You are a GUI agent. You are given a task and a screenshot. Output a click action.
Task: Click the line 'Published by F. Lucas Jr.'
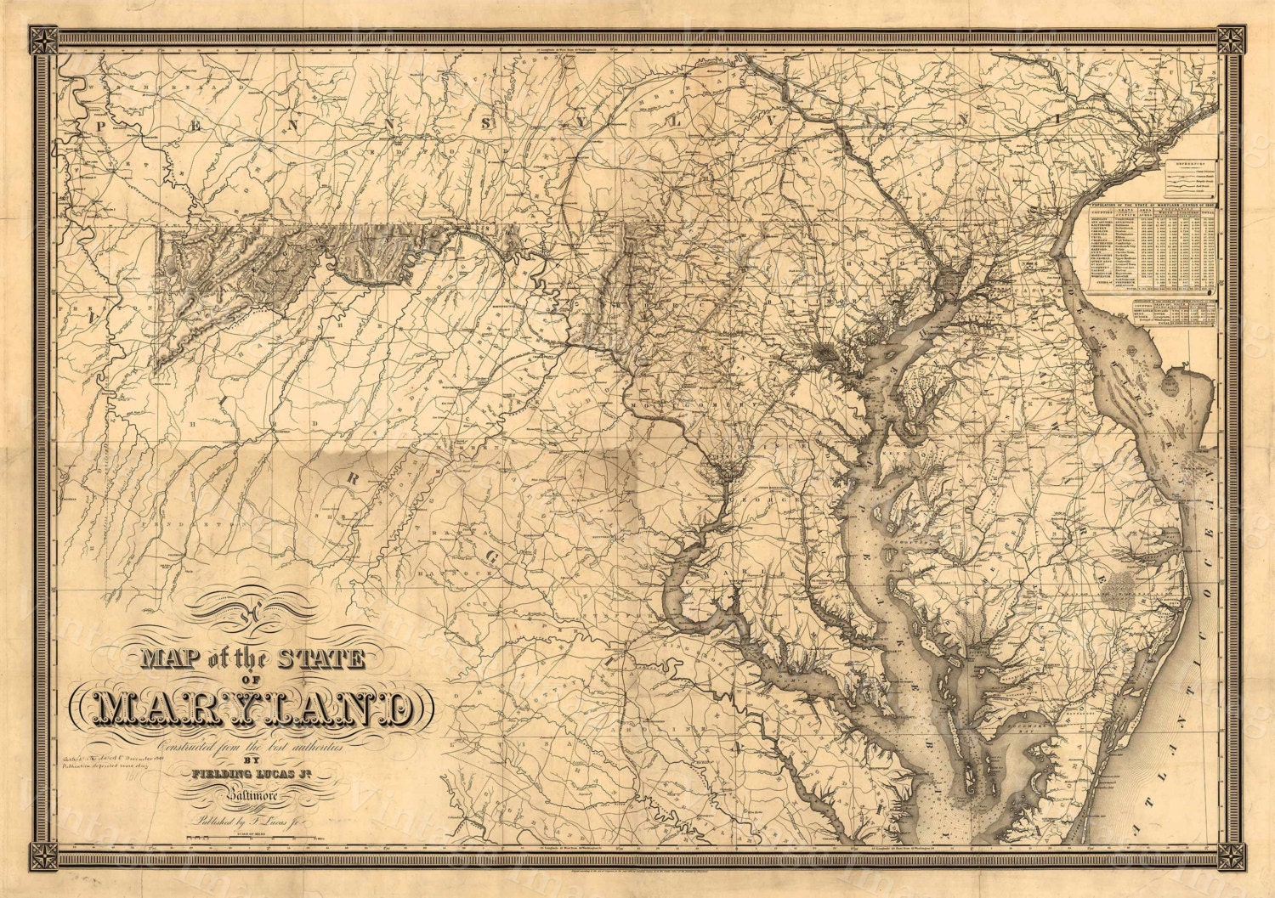[x=250, y=822]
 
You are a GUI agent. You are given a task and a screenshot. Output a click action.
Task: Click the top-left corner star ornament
[x=42, y=39]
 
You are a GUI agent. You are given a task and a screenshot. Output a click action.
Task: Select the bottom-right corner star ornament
[x=1230, y=857]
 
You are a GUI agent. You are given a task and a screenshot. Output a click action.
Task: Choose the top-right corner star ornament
[x=1230, y=39]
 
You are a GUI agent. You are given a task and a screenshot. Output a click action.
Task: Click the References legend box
[x=1188, y=178]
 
